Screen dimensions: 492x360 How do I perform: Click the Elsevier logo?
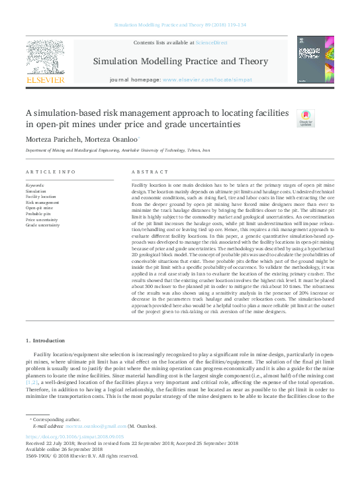(45, 60)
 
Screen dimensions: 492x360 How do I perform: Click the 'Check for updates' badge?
(306, 118)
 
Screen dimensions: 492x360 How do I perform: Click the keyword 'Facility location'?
(40, 197)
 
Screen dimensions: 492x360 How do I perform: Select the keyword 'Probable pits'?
(39, 214)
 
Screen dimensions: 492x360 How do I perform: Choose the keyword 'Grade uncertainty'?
(42, 225)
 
